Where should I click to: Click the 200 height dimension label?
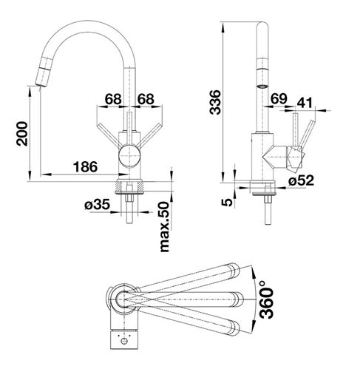click(22, 134)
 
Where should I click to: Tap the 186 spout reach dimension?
click(85, 167)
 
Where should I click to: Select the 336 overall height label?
click(215, 102)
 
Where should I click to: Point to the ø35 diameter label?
click(97, 205)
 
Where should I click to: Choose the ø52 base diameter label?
click(302, 180)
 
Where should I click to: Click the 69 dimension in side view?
click(279, 99)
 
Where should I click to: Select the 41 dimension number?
click(305, 103)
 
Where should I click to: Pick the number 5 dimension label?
click(227, 202)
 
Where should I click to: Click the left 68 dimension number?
click(113, 99)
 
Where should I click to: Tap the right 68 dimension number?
click(146, 99)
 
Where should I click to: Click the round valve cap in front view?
click(129, 156)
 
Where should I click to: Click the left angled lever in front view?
click(109, 136)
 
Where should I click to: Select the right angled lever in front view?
click(149, 136)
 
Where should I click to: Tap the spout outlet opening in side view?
click(262, 87)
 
